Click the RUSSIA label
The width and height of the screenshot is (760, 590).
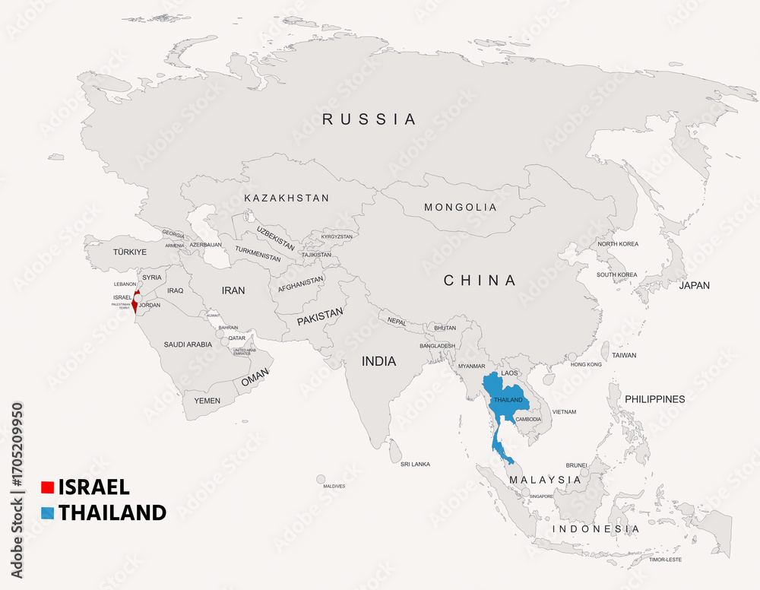[x=369, y=119]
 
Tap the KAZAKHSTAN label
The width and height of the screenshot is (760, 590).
[x=287, y=198]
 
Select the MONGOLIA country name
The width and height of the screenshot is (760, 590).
[x=460, y=208]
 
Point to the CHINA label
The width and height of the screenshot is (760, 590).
[x=480, y=281]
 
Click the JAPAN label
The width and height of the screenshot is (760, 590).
[x=694, y=286]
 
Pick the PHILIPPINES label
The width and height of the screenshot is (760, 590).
[x=654, y=399]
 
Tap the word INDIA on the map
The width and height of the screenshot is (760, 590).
[x=378, y=361]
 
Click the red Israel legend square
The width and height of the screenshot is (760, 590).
[x=47, y=487]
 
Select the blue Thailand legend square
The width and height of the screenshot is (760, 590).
[x=47, y=512]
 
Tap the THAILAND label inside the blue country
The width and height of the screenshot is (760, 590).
[x=508, y=400]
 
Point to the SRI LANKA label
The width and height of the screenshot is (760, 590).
[x=415, y=464]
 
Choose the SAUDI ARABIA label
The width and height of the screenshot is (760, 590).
[x=188, y=344]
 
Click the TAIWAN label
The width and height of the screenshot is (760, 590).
[x=624, y=355]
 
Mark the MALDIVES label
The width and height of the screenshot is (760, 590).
[x=334, y=486]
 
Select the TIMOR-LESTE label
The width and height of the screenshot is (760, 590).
[x=665, y=560]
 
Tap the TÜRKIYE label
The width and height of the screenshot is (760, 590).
[x=129, y=252]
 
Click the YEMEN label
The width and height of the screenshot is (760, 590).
[x=207, y=401]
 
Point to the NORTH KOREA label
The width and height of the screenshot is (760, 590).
[x=618, y=244]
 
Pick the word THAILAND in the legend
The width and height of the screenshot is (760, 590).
[x=112, y=512]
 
